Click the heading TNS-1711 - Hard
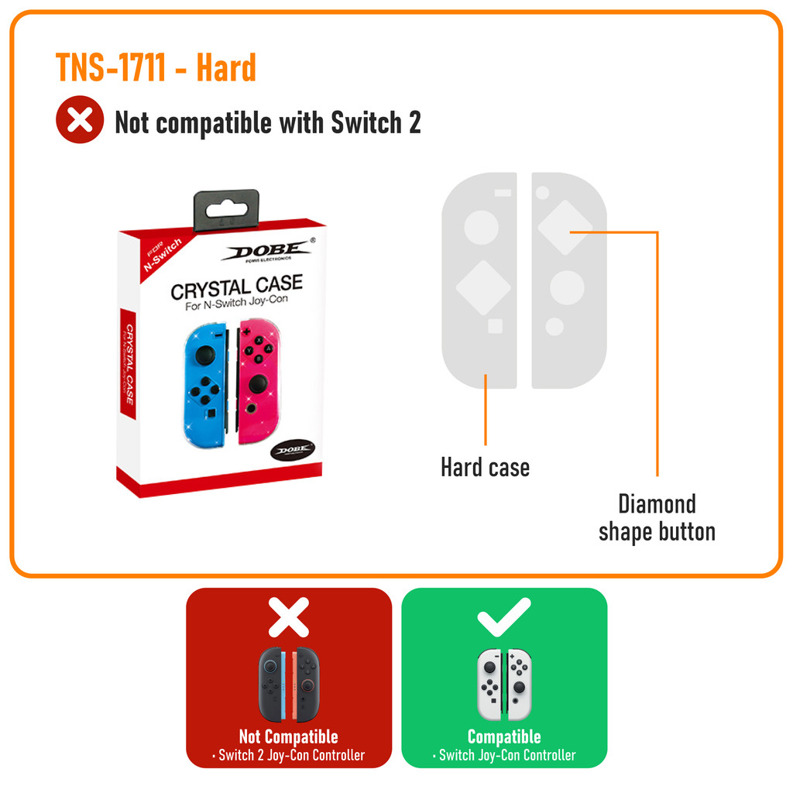point(156,68)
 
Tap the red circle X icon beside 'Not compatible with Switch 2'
point(79,119)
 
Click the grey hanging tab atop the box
point(226,209)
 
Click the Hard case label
point(485,468)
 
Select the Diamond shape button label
point(657,517)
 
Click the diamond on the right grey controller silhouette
point(565,228)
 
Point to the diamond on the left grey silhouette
point(483,287)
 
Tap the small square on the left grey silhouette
point(495,326)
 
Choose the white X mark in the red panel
point(288,617)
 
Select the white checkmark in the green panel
point(503,616)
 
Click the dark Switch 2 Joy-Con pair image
point(288,683)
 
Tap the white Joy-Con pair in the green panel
point(504,683)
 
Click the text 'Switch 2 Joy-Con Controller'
point(291,755)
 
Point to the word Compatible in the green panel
point(504,736)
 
